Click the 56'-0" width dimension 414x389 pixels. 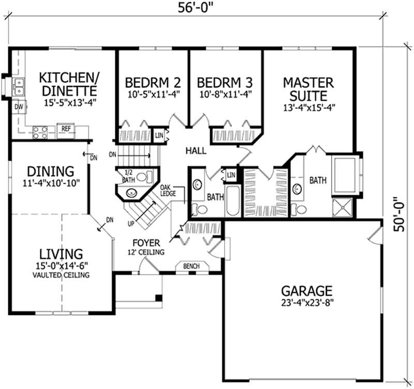click(x=195, y=7)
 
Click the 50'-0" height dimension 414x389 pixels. click(x=398, y=214)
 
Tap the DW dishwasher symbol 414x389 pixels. click(x=19, y=107)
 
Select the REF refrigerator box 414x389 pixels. click(x=66, y=131)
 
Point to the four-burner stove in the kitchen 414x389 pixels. click(x=40, y=132)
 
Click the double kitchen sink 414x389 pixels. click(x=19, y=87)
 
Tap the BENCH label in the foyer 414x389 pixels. click(x=191, y=266)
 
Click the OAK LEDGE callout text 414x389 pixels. click(x=168, y=190)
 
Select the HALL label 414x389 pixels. click(x=196, y=151)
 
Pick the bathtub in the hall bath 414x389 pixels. click(x=232, y=201)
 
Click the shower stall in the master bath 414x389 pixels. click(x=342, y=207)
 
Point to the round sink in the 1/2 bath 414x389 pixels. click(x=131, y=193)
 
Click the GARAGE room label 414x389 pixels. click(x=306, y=291)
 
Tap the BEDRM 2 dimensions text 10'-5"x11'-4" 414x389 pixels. click(x=154, y=94)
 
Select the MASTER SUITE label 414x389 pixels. click(x=308, y=89)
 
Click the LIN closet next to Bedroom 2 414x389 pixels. click(x=159, y=136)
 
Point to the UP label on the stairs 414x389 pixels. click(x=131, y=224)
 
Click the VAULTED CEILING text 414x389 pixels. click(x=61, y=275)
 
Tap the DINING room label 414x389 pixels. click(x=51, y=171)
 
